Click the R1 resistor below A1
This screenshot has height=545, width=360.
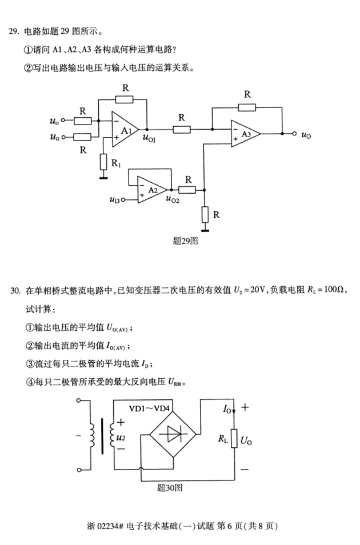point(103,162)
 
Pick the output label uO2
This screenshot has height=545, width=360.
point(173,199)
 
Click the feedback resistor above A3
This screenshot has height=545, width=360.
point(247,106)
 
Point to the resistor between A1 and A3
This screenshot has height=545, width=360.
point(182,130)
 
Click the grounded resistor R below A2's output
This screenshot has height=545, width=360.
point(204,215)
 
